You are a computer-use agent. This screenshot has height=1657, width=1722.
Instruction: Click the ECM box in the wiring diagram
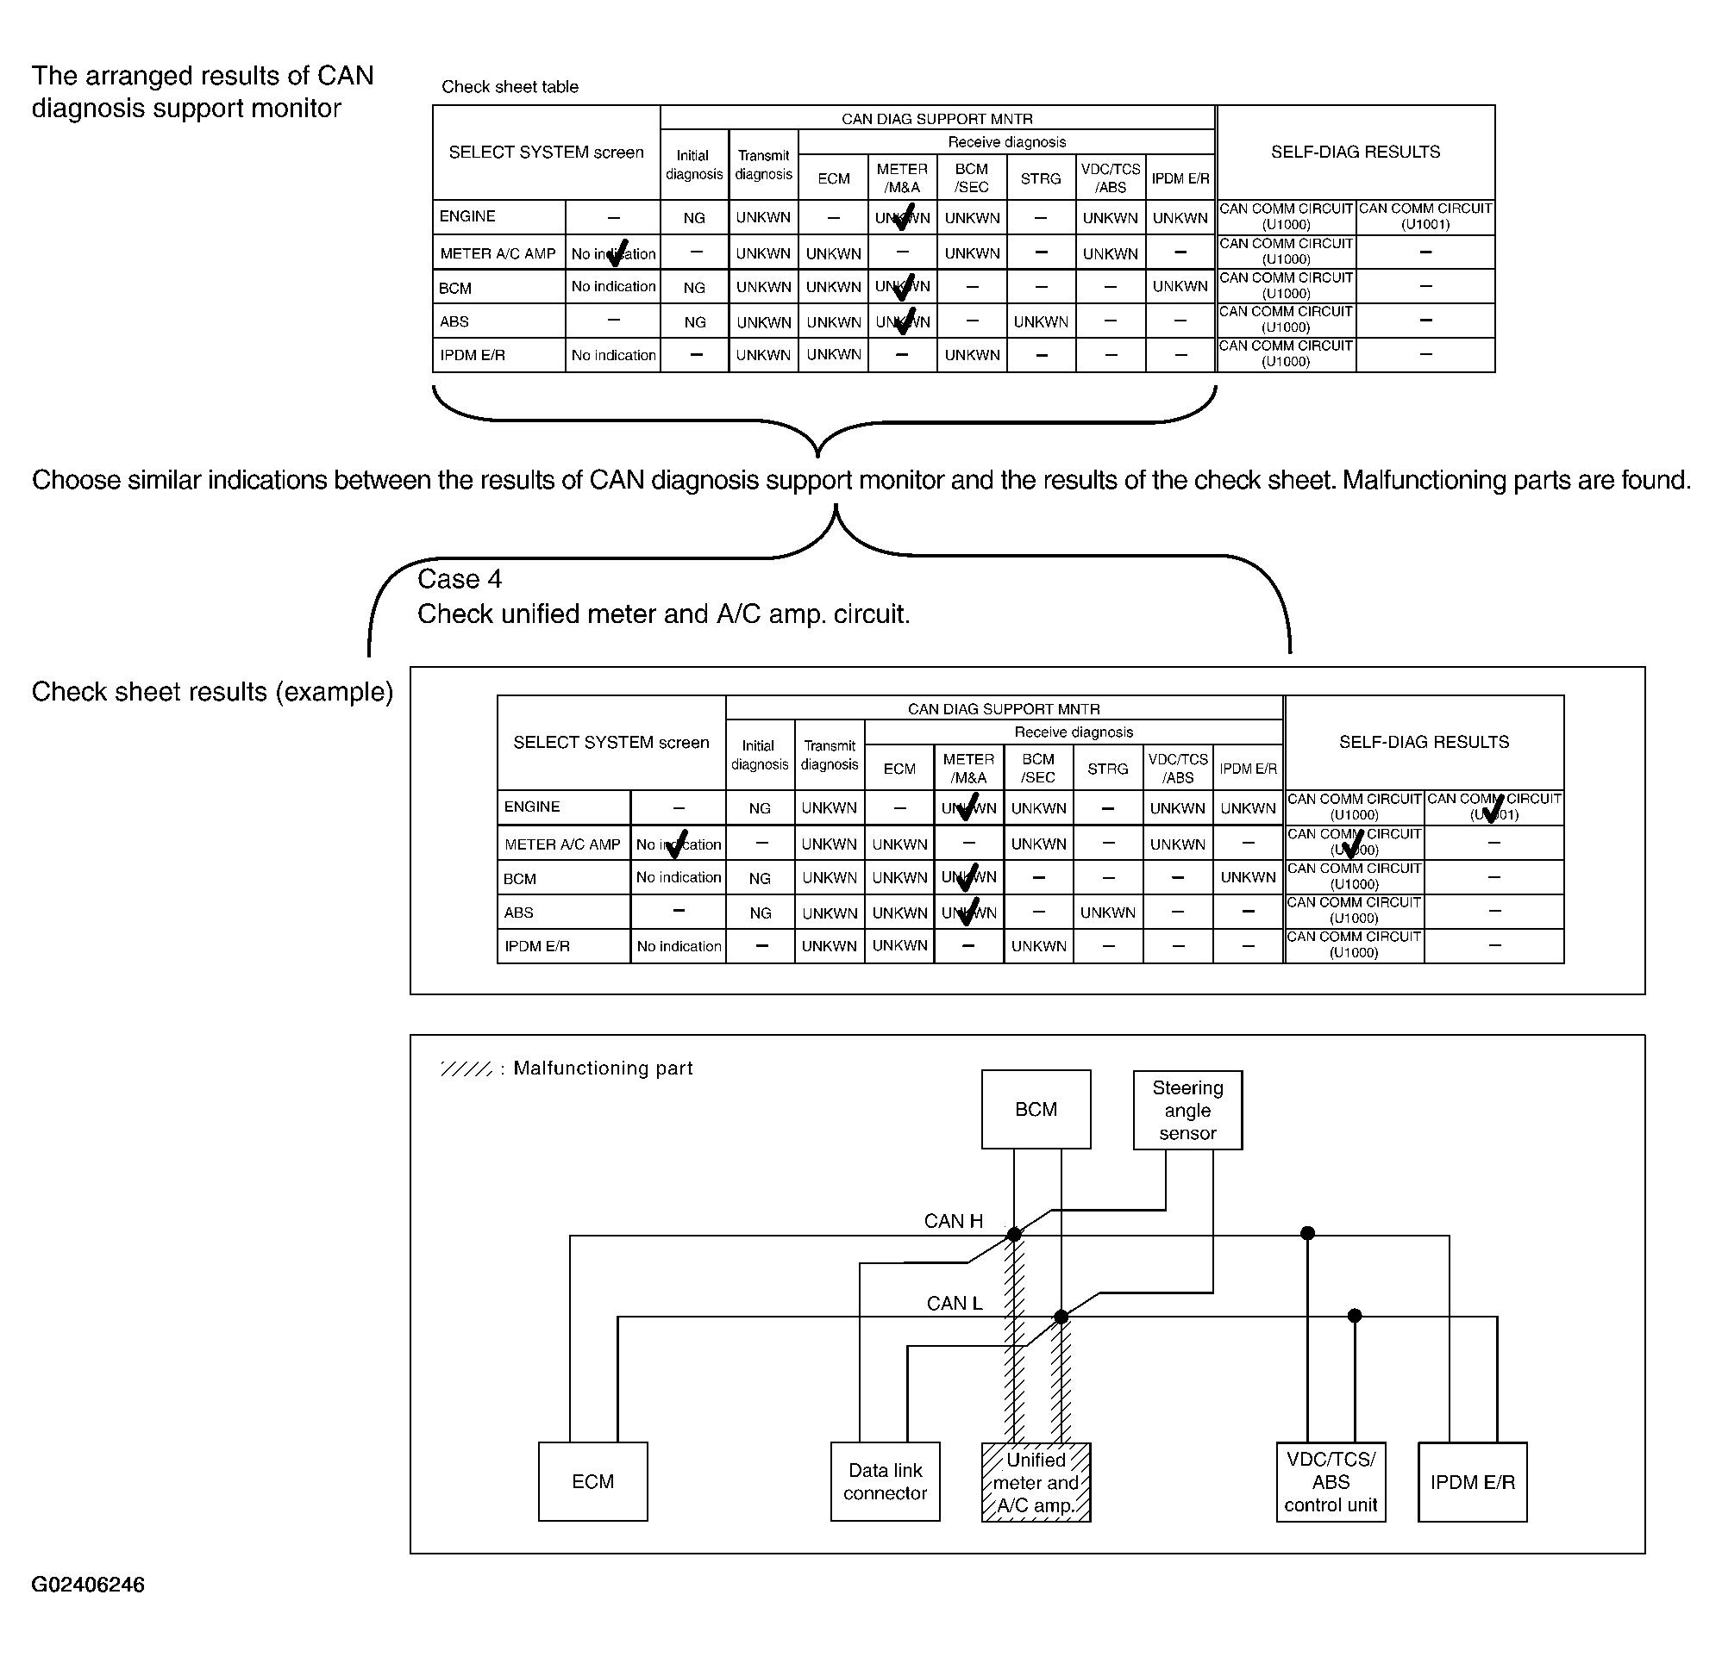[592, 1481]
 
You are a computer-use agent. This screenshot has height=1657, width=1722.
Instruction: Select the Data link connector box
[885, 1481]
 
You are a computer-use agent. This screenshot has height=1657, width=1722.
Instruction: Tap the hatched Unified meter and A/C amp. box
[1036, 1482]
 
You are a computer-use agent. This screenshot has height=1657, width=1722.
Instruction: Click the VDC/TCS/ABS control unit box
[1331, 1481]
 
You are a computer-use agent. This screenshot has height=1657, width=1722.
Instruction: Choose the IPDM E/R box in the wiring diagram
[1472, 1481]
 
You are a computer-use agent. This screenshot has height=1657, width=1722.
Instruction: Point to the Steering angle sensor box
[1187, 1110]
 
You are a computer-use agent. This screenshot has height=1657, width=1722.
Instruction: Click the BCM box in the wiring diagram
[1036, 1109]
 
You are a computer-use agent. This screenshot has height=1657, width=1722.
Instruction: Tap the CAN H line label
[952, 1221]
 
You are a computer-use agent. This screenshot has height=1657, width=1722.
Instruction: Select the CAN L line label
[955, 1303]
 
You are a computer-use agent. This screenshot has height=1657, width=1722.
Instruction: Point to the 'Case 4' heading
[460, 579]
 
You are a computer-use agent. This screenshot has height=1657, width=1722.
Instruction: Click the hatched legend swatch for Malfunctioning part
[467, 1068]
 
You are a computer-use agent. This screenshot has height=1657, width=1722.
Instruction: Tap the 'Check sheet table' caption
[510, 87]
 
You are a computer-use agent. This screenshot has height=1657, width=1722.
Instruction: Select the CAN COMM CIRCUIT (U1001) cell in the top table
[1425, 216]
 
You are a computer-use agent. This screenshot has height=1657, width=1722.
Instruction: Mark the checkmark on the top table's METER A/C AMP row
[617, 252]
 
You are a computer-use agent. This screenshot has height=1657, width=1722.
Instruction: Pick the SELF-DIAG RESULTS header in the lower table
[1424, 742]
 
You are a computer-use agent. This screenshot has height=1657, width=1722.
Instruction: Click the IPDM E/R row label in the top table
[473, 355]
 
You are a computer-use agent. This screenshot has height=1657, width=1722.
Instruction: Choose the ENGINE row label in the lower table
[531, 807]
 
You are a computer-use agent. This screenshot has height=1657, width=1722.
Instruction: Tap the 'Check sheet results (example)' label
[212, 692]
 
